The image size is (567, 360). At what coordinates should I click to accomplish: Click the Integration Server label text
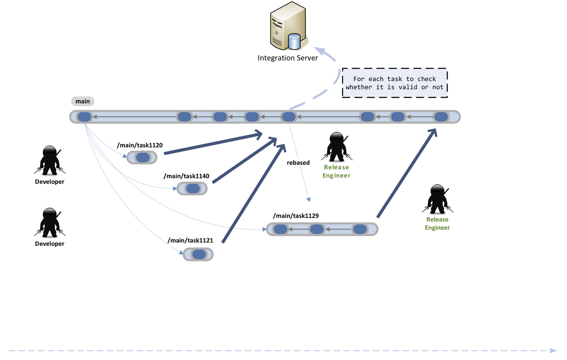[x=287, y=58]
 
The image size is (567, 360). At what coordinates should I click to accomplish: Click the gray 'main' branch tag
[x=83, y=101]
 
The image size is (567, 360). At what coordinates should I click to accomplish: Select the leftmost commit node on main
[x=84, y=117]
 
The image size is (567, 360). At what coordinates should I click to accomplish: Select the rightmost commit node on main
[x=441, y=117]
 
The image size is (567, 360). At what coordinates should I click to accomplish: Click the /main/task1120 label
[x=140, y=145]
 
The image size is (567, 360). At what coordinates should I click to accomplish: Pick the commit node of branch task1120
[x=143, y=158]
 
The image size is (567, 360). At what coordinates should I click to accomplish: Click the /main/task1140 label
[x=186, y=176]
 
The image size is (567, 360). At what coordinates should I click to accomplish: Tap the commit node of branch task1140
[x=193, y=189]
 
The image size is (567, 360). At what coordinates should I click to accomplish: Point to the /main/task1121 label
[x=190, y=240]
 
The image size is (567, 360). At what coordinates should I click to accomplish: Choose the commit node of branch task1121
[x=199, y=254]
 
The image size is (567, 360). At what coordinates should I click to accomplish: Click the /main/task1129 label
[x=296, y=216]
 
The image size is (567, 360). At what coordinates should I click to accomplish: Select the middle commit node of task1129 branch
[x=317, y=229]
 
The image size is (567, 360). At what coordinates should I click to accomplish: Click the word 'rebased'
[x=298, y=163]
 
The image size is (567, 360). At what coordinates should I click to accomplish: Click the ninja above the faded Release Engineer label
[x=337, y=147]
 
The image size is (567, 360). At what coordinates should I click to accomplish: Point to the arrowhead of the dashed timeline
[x=553, y=350]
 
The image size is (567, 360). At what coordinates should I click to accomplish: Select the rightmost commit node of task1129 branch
[x=360, y=229]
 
